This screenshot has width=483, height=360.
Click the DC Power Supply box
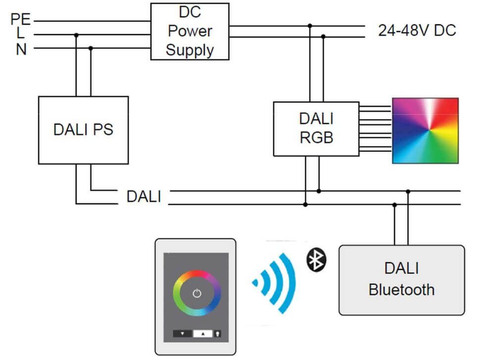[x=190, y=31]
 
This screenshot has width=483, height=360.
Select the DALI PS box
[x=83, y=130]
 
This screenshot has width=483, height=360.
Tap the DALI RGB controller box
[x=316, y=129]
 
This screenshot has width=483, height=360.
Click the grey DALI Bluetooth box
[x=401, y=280]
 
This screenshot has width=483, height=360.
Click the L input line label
[x=20, y=34]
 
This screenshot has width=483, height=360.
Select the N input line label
[x=21, y=49]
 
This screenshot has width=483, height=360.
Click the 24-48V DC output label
[x=417, y=31]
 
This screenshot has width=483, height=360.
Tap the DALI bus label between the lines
[x=144, y=196]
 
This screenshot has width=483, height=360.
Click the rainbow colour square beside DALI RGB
[x=425, y=131]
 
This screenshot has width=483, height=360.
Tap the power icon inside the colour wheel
[x=197, y=293]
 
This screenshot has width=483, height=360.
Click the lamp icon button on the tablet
[x=218, y=334]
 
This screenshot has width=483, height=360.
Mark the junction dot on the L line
[x=76, y=35]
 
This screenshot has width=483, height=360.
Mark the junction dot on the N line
[x=91, y=48]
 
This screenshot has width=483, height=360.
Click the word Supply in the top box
[x=190, y=50]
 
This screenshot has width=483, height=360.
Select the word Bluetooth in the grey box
[x=401, y=289]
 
